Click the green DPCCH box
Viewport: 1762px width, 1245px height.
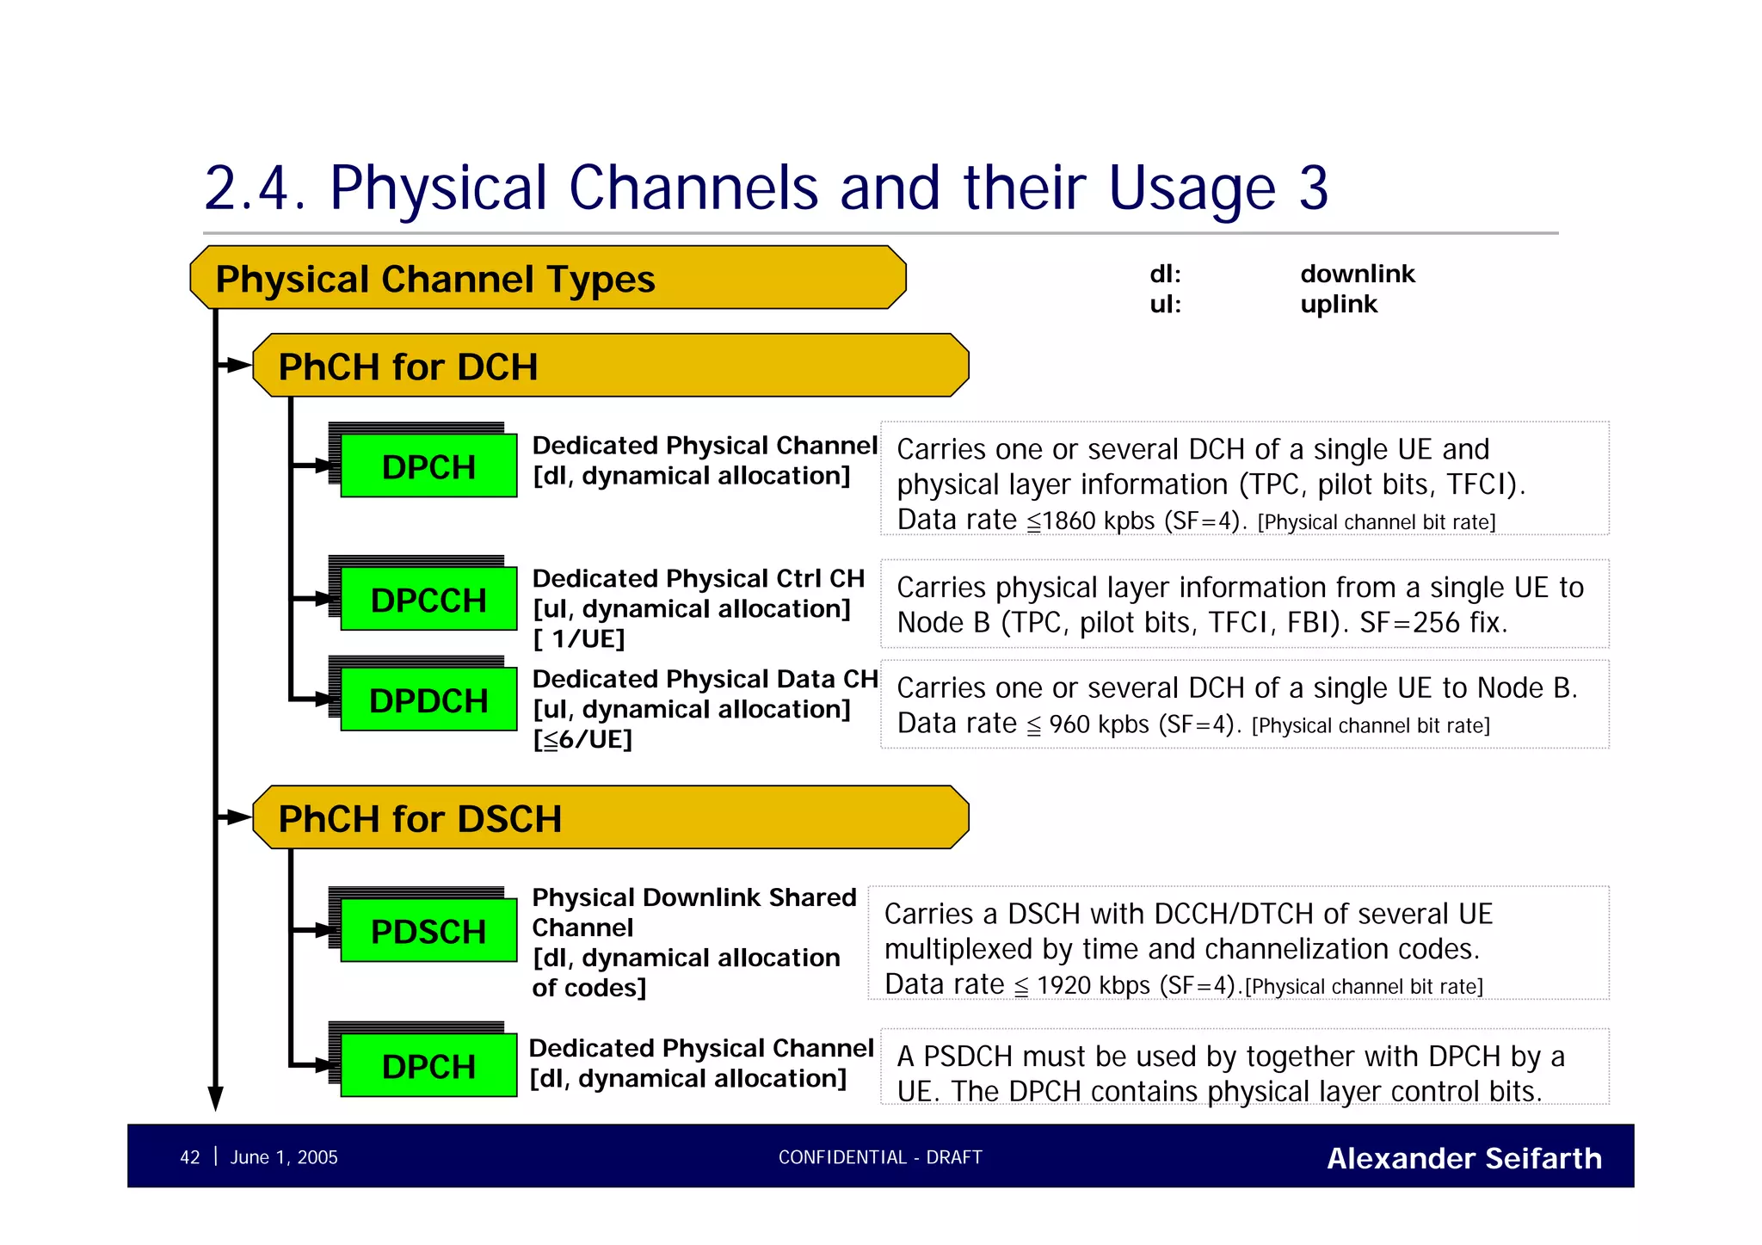[428, 599]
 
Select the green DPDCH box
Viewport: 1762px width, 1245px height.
[428, 700]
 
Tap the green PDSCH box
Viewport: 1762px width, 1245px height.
[428, 930]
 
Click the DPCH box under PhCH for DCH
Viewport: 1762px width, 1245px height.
[428, 465]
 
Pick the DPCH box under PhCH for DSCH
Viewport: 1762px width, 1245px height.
[428, 1065]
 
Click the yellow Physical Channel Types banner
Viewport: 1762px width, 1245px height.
[547, 278]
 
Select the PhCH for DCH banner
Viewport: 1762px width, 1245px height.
[611, 366]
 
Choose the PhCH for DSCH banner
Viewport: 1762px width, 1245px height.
[611, 817]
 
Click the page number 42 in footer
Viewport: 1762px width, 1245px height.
[189, 1157]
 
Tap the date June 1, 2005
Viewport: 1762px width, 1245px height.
[284, 1157]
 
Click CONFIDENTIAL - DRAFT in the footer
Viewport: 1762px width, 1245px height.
[879, 1157]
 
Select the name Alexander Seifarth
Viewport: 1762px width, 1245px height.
[1463, 1158]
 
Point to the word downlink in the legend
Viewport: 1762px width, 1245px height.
[1357, 274]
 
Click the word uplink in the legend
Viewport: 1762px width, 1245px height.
[1338, 304]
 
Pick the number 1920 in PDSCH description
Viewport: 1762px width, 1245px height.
[1063, 985]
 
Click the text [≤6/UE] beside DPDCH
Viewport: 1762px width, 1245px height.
[582, 739]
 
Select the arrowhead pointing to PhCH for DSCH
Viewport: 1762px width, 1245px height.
[238, 817]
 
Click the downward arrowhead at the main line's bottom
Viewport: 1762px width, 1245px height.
[216, 1099]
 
